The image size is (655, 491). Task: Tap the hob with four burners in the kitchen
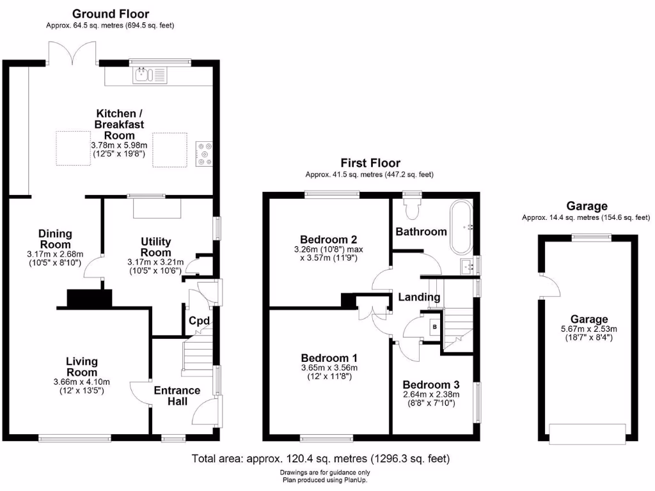click(204, 153)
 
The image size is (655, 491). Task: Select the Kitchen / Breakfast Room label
click(115, 124)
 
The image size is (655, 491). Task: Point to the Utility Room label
click(155, 247)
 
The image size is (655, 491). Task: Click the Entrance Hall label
click(177, 396)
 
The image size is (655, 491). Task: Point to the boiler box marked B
click(435, 327)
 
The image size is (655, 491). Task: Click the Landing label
click(419, 297)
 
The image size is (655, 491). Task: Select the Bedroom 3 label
click(431, 385)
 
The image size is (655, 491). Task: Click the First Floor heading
click(370, 164)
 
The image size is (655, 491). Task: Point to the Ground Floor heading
click(110, 13)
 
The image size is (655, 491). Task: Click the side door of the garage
click(542, 286)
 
